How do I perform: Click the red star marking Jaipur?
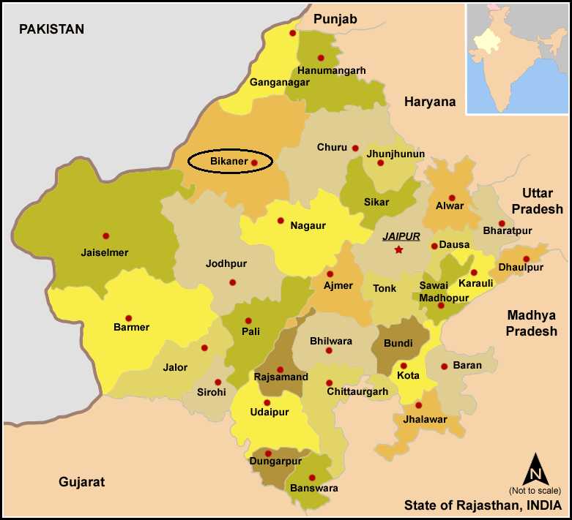tap(398, 250)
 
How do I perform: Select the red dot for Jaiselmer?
tap(106, 236)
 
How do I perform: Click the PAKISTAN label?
tap(51, 29)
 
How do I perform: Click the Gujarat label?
tap(81, 482)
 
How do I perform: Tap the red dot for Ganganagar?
tap(293, 33)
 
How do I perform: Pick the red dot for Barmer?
tap(129, 318)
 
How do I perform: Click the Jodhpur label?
tap(226, 263)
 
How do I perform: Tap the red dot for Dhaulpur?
tap(526, 259)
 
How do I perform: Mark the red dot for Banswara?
tap(312, 478)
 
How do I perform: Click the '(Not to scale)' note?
tap(535, 490)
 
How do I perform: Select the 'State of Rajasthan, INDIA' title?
tap(483, 505)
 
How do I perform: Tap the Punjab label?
tap(335, 19)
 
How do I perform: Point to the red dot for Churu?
tap(355, 148)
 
